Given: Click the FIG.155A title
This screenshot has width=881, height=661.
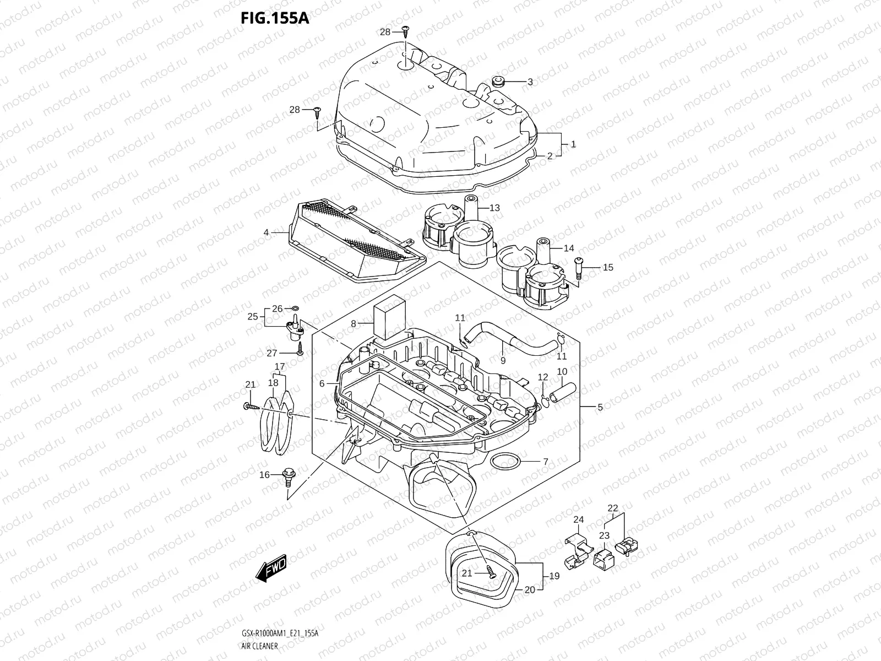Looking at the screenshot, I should (x=275, y=18).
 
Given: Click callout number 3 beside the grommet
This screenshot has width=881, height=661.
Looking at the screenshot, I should (x=530, y=82).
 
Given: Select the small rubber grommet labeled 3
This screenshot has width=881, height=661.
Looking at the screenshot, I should (x=499, y=81).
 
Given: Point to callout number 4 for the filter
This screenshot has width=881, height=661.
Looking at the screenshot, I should (x=267, y=232).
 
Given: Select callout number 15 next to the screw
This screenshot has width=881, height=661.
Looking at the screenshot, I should (x=607, y=268).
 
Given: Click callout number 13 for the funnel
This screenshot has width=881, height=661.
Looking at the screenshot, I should (x=494, y=208).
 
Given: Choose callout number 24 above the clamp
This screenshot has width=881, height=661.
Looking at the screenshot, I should (x=578, y=519).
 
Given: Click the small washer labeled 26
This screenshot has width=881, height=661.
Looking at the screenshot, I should (x=294, y=308).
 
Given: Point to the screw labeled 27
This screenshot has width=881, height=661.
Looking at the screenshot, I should (x=300, y=348).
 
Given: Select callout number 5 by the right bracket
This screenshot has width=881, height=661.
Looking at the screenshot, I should (x=600, y=407).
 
